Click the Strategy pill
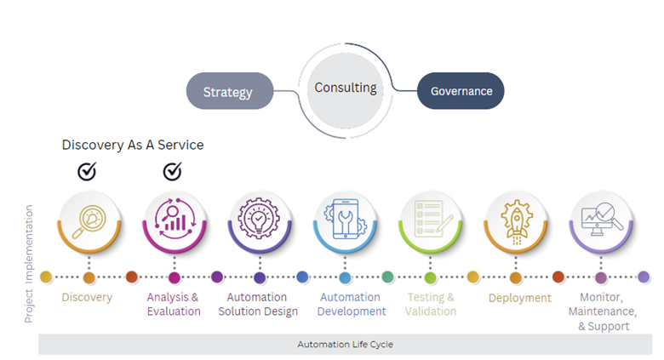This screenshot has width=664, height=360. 228,92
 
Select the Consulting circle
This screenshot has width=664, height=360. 345,89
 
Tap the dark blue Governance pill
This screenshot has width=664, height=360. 461,91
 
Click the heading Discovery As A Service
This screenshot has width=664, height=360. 133,145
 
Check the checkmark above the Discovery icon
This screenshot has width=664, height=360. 87,172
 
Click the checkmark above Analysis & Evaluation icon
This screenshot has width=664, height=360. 172,172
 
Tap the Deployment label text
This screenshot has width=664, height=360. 519,298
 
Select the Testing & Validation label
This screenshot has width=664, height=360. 431,304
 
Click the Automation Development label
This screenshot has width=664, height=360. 349,304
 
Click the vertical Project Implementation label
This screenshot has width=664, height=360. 29,262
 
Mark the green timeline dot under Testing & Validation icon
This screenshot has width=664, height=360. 430,277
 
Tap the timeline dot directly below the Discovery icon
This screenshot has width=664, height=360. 89,277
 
